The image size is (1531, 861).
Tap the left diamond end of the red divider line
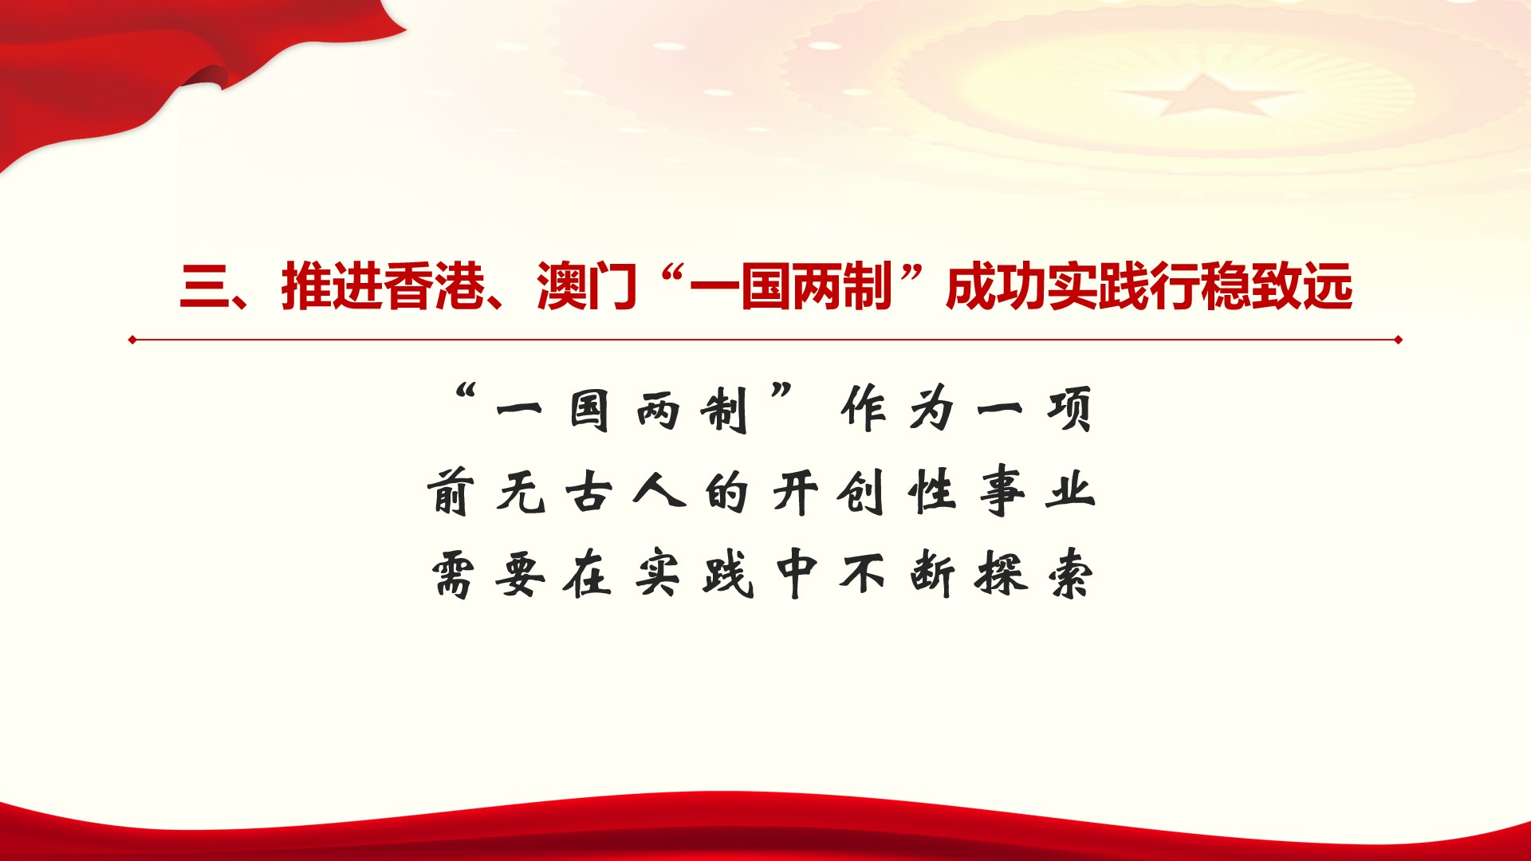pos(132,340)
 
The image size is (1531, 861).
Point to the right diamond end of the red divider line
pos(1398,340)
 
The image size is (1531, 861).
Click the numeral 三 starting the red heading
pos(205,287)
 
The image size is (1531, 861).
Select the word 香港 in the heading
pos(434,286)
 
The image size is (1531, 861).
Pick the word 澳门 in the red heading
pos(587,286)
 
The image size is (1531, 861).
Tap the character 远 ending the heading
pos(1328,286)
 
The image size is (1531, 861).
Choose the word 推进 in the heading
pos(332,286)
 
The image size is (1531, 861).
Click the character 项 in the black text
pos(1070,410)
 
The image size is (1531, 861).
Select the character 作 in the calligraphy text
pos(863,410)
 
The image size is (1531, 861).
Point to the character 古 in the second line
pos(589,492)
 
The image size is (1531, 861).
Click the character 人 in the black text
pos(659,492)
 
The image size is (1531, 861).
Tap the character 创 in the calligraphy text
pos(861,492)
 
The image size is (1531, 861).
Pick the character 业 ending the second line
pos(1071,492)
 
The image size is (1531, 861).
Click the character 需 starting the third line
pos(453,574)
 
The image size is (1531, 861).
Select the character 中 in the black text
pos(797,574)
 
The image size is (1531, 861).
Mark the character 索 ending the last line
pos(1071,574)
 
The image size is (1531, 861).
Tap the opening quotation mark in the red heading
pos(676,275)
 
